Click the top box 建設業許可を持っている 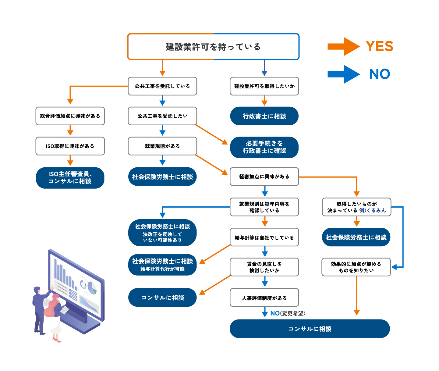(x=213, y=47)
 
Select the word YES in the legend (x=379, y=46)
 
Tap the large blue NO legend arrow (x=343, y=74)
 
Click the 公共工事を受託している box (x=162, y=86)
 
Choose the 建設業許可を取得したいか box (x=264, y=86)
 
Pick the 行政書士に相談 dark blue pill (x=264, y=116)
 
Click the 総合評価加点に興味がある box (x=70, y=116)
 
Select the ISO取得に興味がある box (x=70, y=146)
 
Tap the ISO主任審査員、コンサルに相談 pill (x=70, y=178)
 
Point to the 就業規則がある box (x=162, y=146)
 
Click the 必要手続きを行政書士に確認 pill (x=264, y=147)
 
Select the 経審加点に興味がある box (x=264, y=177)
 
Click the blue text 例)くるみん (x=372, y=210)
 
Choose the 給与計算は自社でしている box (x=264, y=237)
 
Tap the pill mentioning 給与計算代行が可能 (x=162, y=265)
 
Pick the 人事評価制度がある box (x=264, y=298)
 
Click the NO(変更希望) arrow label (x=287, y=313)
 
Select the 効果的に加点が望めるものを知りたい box (x=356, y=267)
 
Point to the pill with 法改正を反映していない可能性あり (x=162, y=233)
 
